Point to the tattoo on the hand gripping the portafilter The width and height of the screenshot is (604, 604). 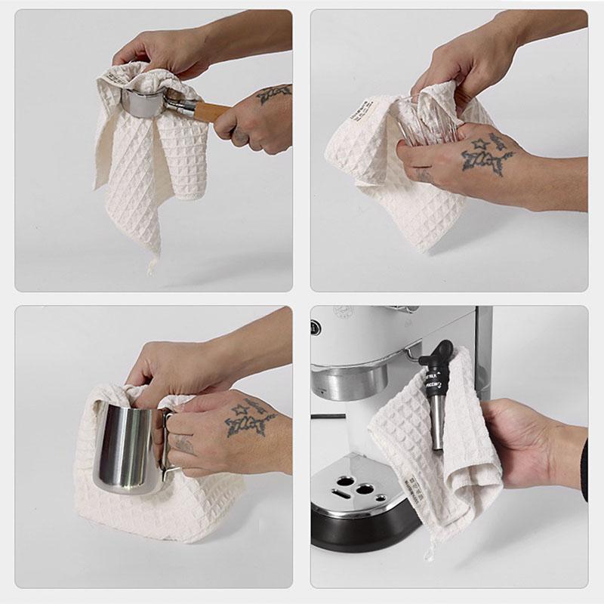pos(273,94)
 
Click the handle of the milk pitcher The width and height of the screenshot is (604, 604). pos(170,445)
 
